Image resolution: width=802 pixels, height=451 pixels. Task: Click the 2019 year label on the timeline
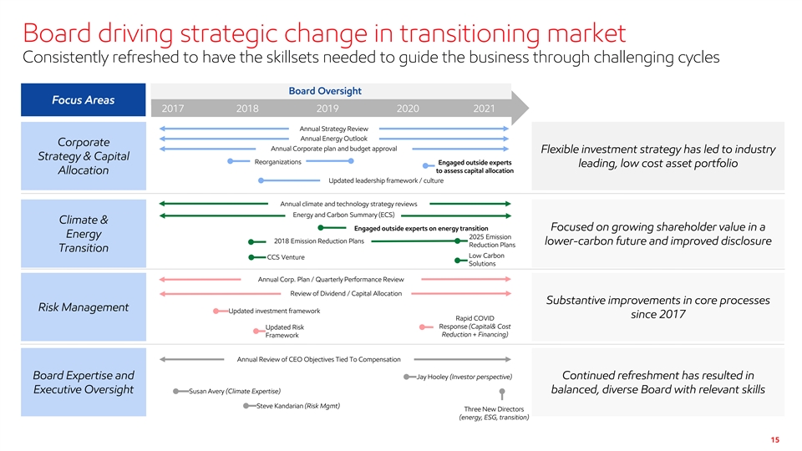pyautogui.click(x=327, y=109)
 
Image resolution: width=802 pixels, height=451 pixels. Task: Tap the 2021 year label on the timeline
pyautogui.click(x=484, y=109)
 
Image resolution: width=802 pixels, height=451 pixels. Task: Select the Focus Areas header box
pyautogui.click(x=84, y=99)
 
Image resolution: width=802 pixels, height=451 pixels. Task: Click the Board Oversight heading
pyautogui.click(x=325, y=91)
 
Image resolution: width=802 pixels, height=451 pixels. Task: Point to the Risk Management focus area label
pyautogui.click(x=84, y=307)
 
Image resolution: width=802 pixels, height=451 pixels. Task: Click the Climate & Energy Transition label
pyautogui.click(x=84, y=234)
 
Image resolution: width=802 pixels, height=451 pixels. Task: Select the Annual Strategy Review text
pyautogui.click(x=334, y=129)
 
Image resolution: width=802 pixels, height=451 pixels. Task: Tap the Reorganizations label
pyautogui.click(x=277, y=162)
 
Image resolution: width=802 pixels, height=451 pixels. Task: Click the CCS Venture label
pyautogui.click(x=286, y=257)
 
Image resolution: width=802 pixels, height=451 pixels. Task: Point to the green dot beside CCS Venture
pyautogui.click(x=251, y=257)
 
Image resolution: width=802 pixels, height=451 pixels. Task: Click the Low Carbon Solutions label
pyautogui.click(x=486, y=260)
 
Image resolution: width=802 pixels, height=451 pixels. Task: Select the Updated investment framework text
pyautogui.click(x=274, y=311)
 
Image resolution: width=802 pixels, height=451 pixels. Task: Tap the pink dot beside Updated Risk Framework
pyautogui.click(x=256, y=332)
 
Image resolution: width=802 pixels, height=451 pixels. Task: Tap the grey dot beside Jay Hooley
pyautogui.click(x=406, y=377)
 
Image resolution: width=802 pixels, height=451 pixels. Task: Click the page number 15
pyautogui.click(x=775, y=440)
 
